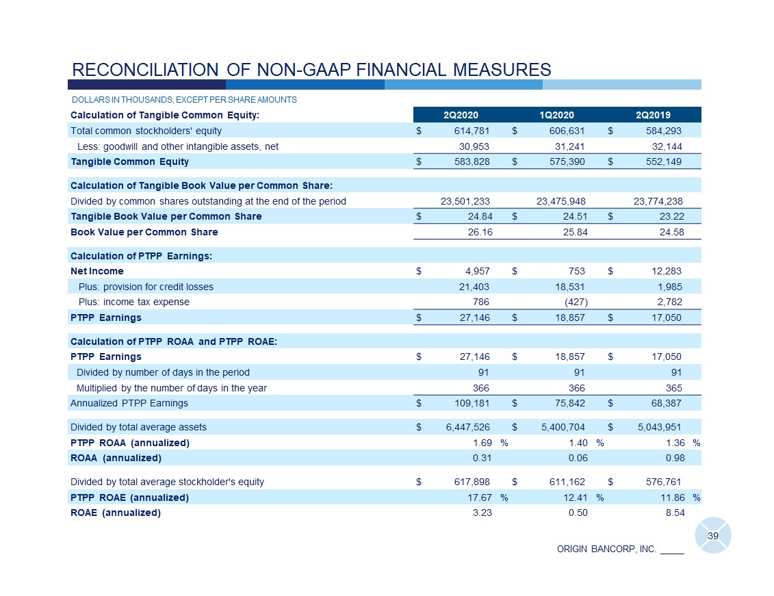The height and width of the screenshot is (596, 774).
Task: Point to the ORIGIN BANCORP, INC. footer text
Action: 607,549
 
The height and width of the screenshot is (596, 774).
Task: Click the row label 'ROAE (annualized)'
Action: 116,513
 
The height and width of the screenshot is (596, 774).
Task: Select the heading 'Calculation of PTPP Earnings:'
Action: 142,256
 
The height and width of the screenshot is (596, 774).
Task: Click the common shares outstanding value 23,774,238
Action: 658,201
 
